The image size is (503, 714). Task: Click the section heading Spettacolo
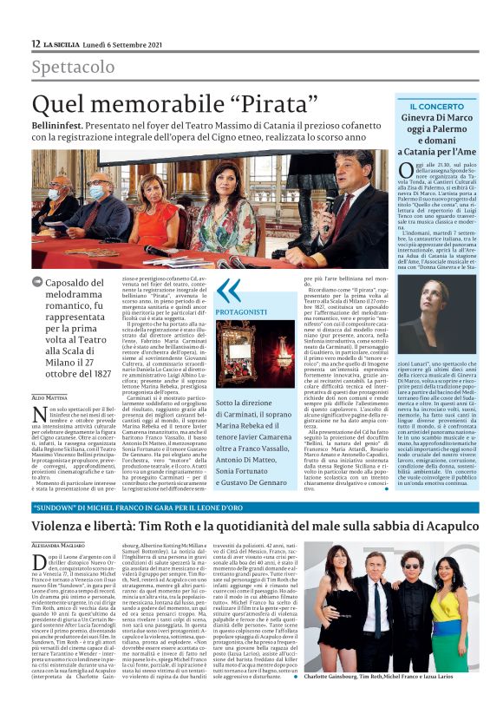(x=73, y=67)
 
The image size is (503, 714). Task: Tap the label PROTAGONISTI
(x=242, y=311)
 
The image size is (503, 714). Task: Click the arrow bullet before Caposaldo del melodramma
(x=37, y=281)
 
